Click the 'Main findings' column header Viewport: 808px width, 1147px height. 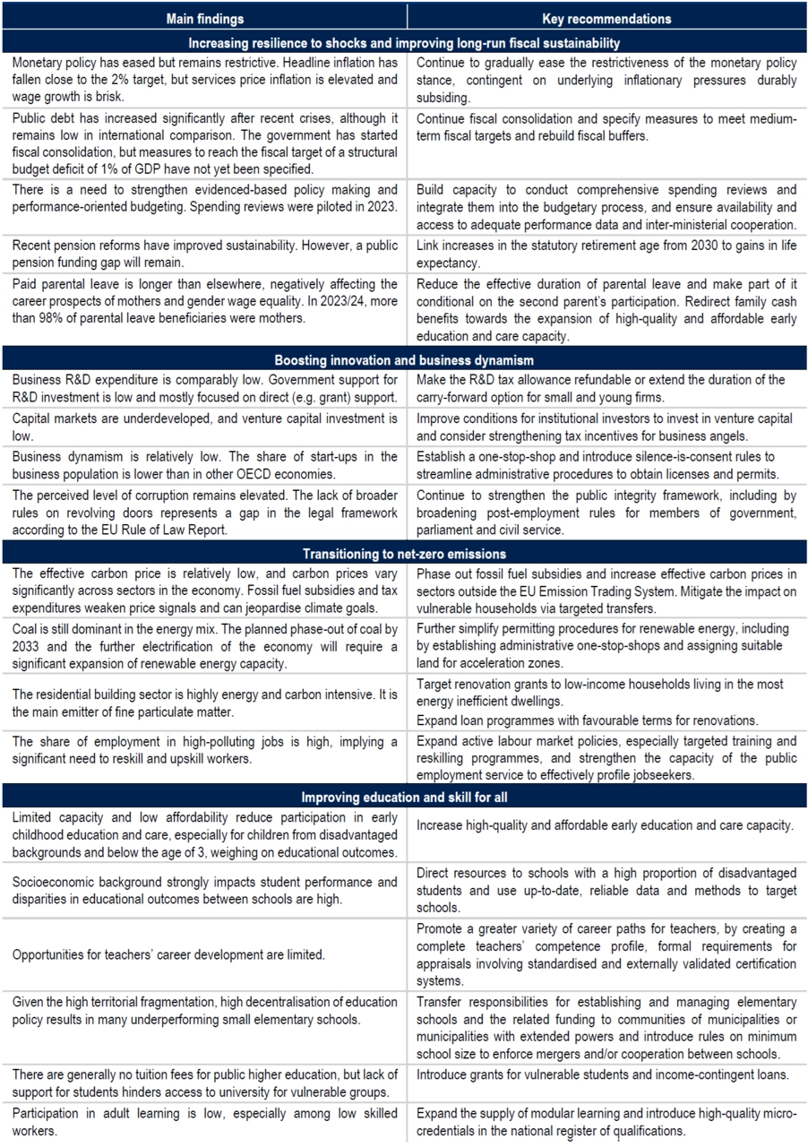pyautogui.click(x=204, y=18)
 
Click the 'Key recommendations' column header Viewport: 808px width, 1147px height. pyautogui.click(x=606, y=18)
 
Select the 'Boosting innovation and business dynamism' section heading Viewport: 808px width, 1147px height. pyautogui.click(x=404, y=359)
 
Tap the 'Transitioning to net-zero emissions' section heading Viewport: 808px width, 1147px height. pyautogui.click(x=404, y=553)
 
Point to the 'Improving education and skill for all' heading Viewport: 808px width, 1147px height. pyautogui.click(x=404, y=797)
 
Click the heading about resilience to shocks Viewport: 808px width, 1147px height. pyautogui.click(x=404, y=42)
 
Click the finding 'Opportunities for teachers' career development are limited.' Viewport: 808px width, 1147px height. pyautogui.click(x=168, y=954)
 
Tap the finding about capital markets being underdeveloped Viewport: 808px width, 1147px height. pyautogui.click(x=204, y=427)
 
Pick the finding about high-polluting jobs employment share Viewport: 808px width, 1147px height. pyautogui.click(x=204, y=751)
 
